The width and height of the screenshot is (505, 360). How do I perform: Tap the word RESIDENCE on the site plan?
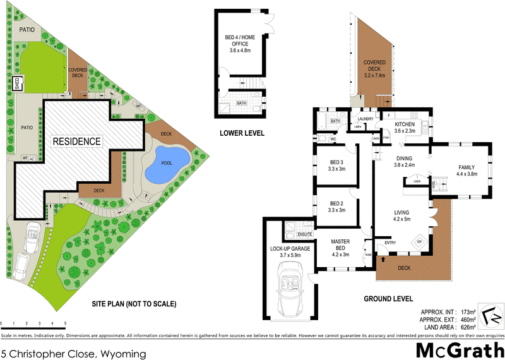(76, 141)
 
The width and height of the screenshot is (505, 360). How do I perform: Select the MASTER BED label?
(341, 245)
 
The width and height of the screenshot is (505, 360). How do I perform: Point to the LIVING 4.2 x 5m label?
(402, 216)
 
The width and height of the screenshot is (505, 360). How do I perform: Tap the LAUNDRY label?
(366, 119)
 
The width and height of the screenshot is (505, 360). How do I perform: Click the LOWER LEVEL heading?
(242, 133)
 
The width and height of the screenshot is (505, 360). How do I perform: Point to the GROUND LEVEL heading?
(388, 299)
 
